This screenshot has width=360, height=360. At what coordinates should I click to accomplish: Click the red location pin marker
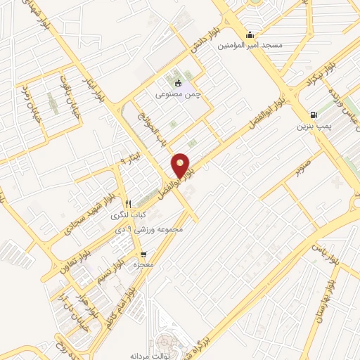click(181, 165)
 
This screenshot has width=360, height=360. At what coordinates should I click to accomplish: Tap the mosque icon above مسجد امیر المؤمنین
click(249, 35)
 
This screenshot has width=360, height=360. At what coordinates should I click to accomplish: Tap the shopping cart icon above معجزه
click(143, 255)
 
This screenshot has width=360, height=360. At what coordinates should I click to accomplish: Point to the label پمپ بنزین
click(313, 127)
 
